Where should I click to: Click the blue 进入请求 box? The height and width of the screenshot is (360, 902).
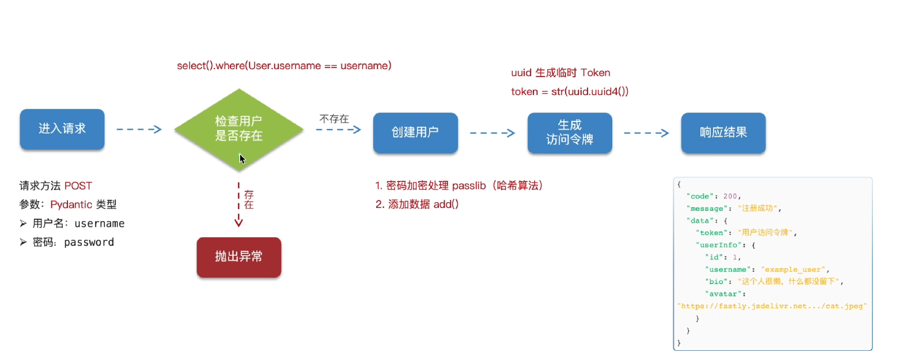pos(62,129)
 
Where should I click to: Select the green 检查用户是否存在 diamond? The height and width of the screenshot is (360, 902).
pos(238,128)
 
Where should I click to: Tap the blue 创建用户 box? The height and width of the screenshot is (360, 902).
pos(415,132)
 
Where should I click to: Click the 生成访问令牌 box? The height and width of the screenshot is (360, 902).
pos(569,132)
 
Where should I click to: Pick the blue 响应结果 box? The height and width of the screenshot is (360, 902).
pos(723,132)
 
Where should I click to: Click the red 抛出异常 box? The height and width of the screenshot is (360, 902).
pos(238,257)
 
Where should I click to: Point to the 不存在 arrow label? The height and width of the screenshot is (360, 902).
pos(334,119)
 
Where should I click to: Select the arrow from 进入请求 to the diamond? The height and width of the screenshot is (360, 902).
pos(139,130)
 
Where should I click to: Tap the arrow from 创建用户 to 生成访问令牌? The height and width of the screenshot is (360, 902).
pos(492,133)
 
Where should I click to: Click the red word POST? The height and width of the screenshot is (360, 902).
pos(78,186)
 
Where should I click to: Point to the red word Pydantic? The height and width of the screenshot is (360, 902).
pos(71,204)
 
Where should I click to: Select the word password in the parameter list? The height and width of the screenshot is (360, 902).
pos(89,242)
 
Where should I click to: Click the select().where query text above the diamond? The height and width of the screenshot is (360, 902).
pos(284,66)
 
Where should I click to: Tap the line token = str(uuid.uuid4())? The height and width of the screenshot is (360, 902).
pos(569,91)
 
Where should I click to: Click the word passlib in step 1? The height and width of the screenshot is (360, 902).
pos(471,186)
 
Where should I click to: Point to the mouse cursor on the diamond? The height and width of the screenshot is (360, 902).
pos(242,158)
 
